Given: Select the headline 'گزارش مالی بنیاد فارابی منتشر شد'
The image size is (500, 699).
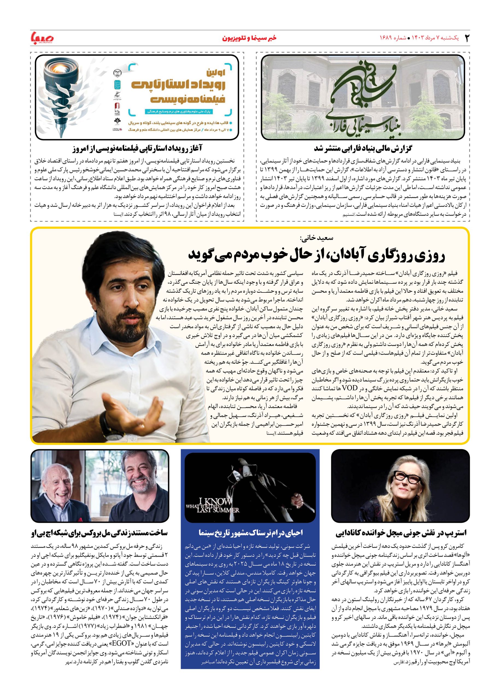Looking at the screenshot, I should click(x=363, y=149).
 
